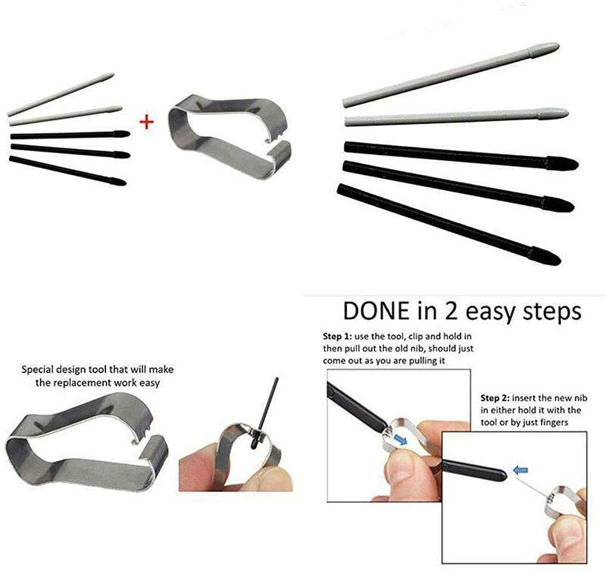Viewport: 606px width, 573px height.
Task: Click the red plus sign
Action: [x=147, y=122]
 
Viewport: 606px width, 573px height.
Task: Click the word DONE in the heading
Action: [x=374, y=311]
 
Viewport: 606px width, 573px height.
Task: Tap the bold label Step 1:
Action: [x=341, y=336]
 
